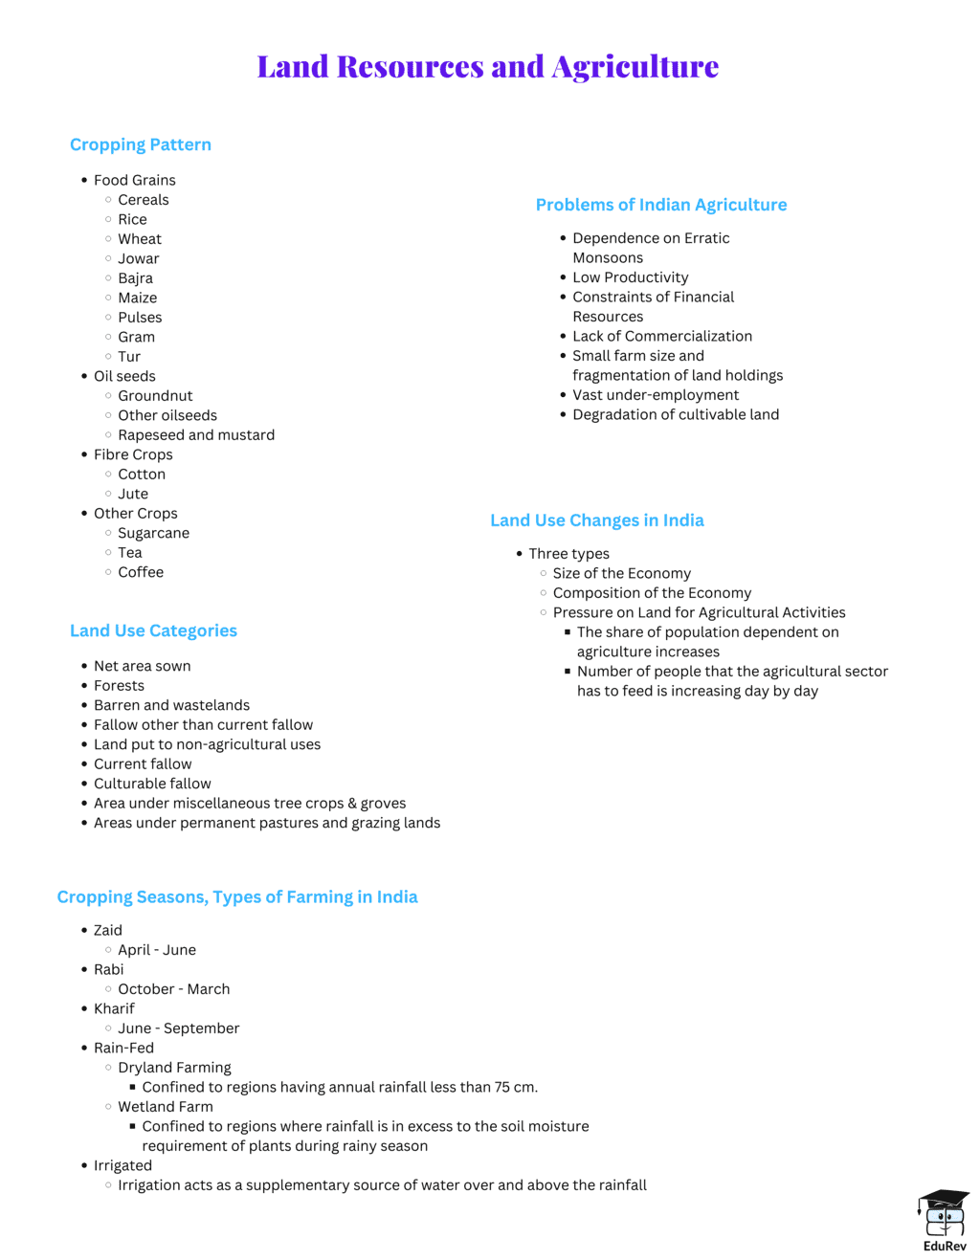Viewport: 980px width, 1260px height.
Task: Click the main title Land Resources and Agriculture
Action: click(x=487, y=66)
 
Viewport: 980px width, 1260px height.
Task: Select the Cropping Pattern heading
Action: click(x=141, y=144)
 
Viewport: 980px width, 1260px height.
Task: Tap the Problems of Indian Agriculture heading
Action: click(x=660, y=205)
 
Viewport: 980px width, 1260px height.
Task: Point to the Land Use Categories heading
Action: click(x=153, y=630)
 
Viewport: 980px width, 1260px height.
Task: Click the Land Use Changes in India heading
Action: click(x=596, y=520)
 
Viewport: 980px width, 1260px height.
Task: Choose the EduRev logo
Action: click(x=944, y=1220)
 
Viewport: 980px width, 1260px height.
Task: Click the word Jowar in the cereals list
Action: click(x=139, y=258)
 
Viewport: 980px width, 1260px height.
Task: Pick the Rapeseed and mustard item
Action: click(x=196, y=434)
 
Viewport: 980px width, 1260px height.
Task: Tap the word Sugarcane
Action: click(x=153, y=533)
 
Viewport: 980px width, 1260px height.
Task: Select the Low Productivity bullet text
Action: click(x=630, y=277)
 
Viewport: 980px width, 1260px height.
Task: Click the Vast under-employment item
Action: click(x=656, y=395)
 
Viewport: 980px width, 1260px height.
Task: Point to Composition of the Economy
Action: click(x=652, y=593)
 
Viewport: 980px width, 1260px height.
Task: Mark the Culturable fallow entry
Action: click(x=152, y=784)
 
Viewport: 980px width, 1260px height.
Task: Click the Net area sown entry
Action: click(x=142, y=666)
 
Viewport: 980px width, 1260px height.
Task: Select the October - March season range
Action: click(x=173, y=989)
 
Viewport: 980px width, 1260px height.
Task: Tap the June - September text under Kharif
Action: click(x=178, y=1028)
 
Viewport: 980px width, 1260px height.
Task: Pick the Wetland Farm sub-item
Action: click(x=165, y=1107)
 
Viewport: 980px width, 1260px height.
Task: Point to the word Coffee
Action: click(x=141, y=572)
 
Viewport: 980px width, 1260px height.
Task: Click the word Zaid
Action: click(x=108, y=930)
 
